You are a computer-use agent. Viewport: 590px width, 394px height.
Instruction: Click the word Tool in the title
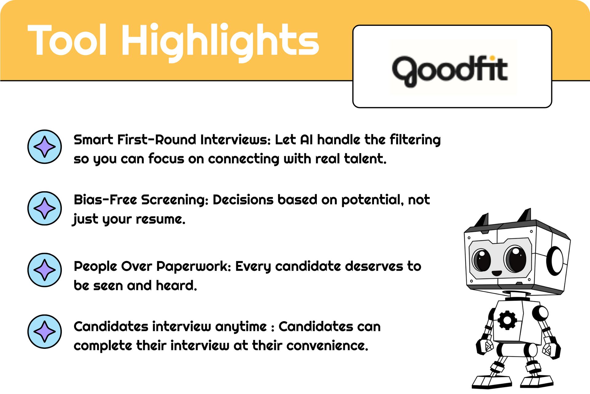(x=67, y=40)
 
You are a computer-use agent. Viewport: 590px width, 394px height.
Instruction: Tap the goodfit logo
(x=450, y=71)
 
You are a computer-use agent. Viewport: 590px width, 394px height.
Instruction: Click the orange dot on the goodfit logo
(x=492, y=58)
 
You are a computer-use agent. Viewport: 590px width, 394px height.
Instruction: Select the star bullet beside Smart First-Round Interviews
(x=45, y=147)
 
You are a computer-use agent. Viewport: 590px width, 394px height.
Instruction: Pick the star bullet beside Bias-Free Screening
(x=45, y=208)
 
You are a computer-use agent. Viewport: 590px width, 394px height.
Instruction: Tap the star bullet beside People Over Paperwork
(x=45, y=270)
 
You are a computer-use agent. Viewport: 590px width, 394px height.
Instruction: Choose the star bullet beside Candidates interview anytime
(x=45, y=332)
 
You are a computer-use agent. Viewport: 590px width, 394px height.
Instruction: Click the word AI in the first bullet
(x=306, y=140)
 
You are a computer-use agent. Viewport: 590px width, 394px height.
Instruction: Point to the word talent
(x=365, y=159)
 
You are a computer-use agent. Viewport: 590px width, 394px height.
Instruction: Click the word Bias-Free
(x=105, y=200)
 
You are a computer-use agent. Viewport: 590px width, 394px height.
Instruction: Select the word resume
(x=161, y=219)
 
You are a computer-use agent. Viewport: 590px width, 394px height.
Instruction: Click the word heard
(x=176, y=285)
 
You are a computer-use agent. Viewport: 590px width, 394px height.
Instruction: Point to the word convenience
(x=327, y=346)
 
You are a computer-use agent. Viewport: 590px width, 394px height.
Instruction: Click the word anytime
(x=241, y=327)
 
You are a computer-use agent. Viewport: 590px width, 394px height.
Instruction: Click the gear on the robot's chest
(x=507, y=320)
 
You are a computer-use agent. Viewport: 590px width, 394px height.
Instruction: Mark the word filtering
(x=415, y=140)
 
